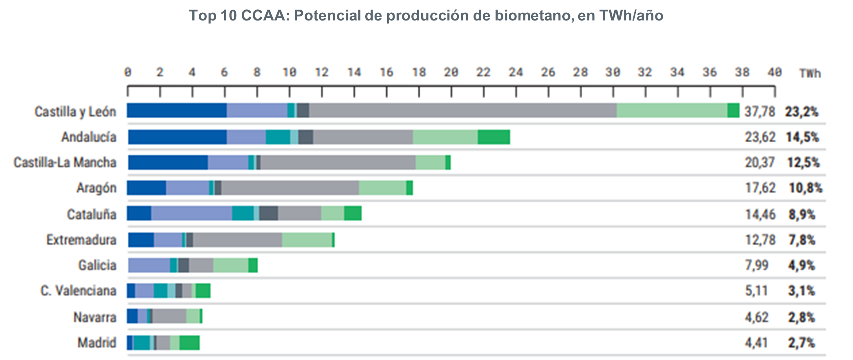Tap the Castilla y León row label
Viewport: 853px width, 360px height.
(75, 111)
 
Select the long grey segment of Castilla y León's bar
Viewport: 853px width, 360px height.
(462, 110)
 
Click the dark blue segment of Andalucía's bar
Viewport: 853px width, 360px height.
(177, 137)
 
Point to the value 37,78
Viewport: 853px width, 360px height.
(759, 111)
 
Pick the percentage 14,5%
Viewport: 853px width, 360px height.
(802, 137)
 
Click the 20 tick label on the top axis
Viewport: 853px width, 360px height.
(451, 72)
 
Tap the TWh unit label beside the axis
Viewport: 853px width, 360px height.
(810, 73)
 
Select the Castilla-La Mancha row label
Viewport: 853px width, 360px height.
(65, 162)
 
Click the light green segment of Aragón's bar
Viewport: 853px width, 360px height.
(382, 188)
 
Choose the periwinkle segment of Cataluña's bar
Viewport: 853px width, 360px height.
(191, 214)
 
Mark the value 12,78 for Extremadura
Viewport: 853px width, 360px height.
(760, 240)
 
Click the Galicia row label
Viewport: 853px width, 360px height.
(97, 265)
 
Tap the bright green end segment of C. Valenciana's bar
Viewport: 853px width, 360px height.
(203, 290)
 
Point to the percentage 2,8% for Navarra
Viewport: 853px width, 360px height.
(801, 317)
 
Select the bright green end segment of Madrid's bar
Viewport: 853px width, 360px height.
(189, 342)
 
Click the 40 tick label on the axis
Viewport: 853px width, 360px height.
(774, 72)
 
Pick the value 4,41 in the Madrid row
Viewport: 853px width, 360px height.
(756, 342)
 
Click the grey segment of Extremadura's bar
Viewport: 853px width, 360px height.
(237, 240)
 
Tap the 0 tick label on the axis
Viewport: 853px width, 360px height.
(128, 72)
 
